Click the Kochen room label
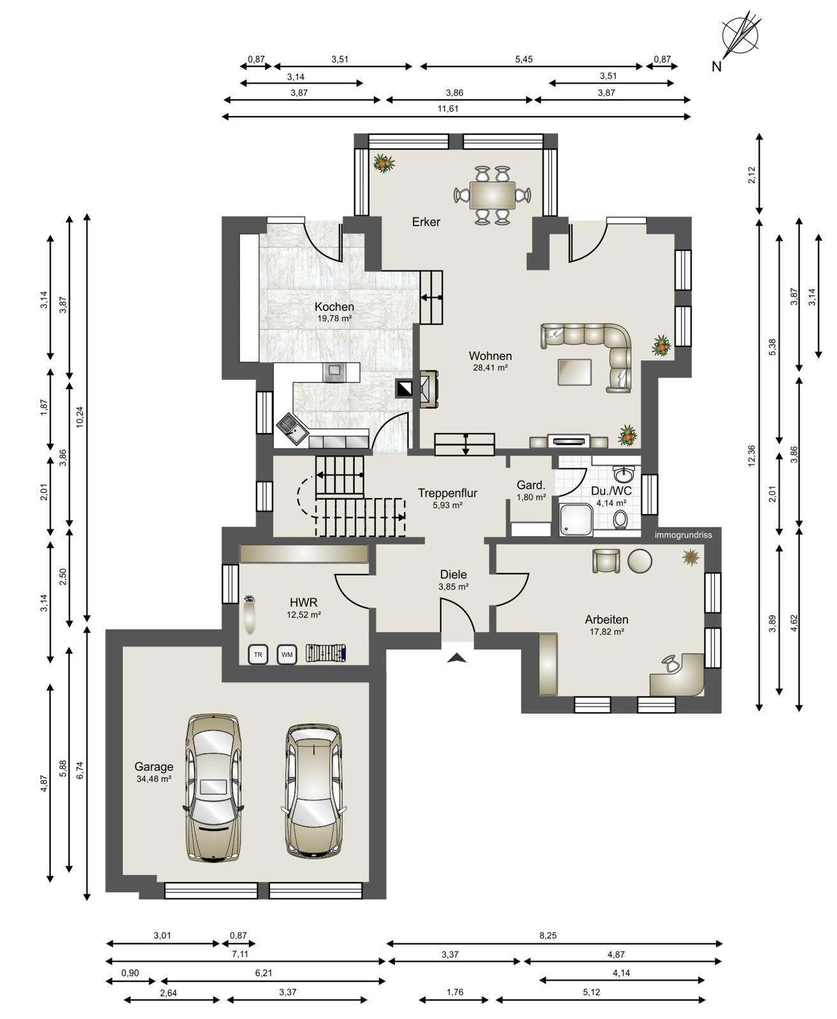pos(334,306)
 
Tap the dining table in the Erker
pos(492,195)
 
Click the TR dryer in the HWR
pos(258,655)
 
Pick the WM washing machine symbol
pos(287,655)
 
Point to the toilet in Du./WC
pos(620,520)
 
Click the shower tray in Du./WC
pos(576,520)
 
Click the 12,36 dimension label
pos(751,455)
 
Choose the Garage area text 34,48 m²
pos(154,779)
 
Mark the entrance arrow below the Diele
pos(457,658)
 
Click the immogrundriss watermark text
pos(683,535)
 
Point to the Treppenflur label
pos(448,493)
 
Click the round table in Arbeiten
pos(640,561)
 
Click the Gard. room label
pos(531,485)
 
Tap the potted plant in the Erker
pos(383,163)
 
